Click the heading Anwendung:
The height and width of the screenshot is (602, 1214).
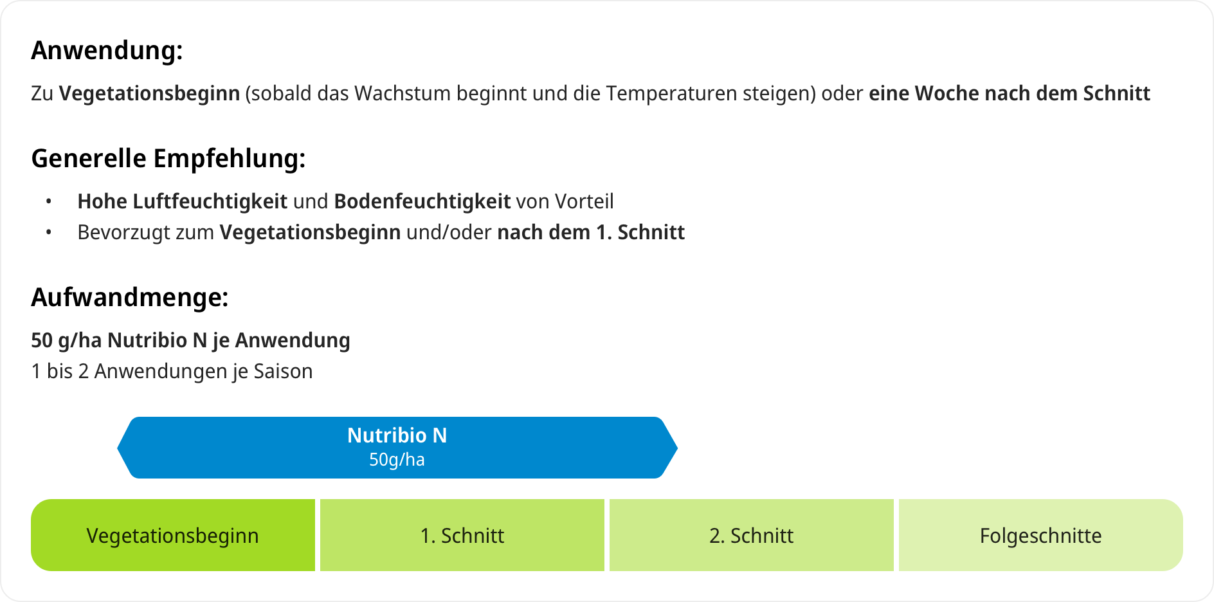pos(107,50)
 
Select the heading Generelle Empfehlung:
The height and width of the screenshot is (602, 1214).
pos(168,158)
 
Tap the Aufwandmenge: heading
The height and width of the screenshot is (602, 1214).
pos(130,297)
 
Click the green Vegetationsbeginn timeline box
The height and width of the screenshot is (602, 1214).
pos(173,535)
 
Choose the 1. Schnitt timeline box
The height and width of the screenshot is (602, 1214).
pos(462,535)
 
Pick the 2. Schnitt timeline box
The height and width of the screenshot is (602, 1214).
pos(752,535)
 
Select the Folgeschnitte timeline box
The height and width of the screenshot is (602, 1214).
pos(1041,535)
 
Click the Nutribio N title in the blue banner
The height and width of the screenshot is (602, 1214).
pos(397,435)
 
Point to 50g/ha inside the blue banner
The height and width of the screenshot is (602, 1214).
pos(397,460)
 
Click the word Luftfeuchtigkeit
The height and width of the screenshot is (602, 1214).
pos(210,201)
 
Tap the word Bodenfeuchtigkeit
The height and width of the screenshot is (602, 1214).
pos(422,201)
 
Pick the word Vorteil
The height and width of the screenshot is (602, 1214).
pos(584,201)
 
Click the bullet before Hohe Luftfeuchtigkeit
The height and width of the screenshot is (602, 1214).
pos(49,202)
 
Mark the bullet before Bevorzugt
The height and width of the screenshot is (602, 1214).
pos(49,233)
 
